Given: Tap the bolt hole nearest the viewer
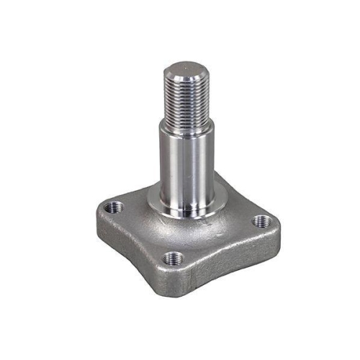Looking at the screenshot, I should click(172, 257).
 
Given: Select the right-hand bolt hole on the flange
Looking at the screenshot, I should click(260, 223).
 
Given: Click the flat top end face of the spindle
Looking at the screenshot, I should click(185, 71).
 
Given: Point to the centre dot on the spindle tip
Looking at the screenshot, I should click(185, 71).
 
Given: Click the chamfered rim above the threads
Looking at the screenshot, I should click(184, 80).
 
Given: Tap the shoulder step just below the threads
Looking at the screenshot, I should click(186, 130).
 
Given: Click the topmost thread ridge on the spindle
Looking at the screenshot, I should click(184, 85).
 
